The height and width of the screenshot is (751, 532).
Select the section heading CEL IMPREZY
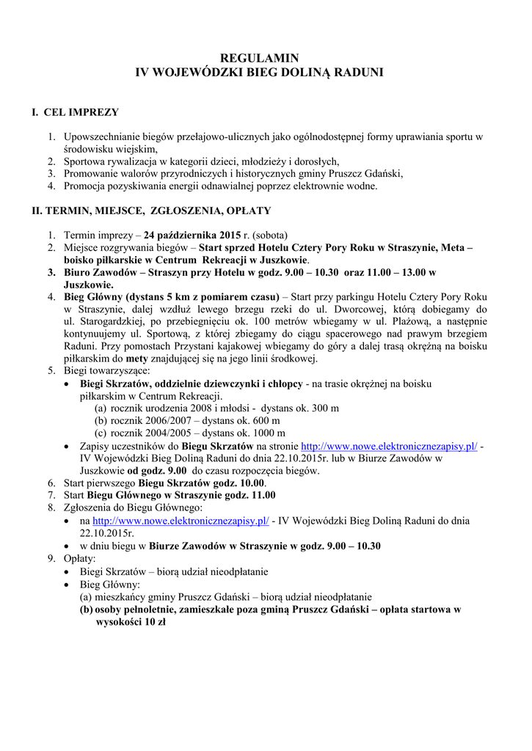pos(81,113)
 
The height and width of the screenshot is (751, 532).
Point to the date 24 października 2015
pos(192,235)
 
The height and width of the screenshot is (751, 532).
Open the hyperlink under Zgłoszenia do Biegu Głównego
pos(180,521)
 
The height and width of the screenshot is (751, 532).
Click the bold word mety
pos(137,359)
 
